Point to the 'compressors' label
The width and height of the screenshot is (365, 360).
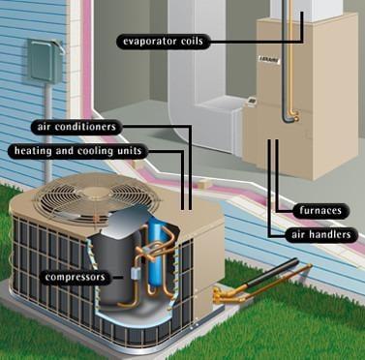[75, 277]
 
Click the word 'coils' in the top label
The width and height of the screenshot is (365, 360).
[191, 41]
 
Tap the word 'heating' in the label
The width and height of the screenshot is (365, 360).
[32, 152]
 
